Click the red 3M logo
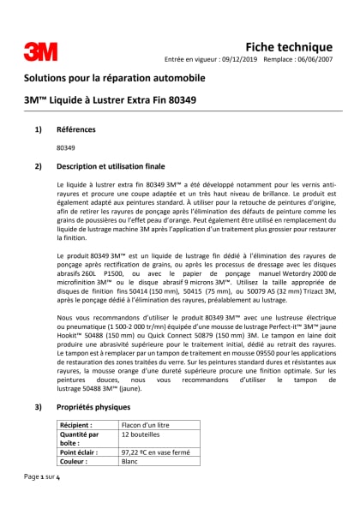click(x=40, y=51)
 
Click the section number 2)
click(x=37, y=165)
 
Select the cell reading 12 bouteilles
click(x=142, y=435)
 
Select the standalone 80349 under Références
click(x=65, y=147)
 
